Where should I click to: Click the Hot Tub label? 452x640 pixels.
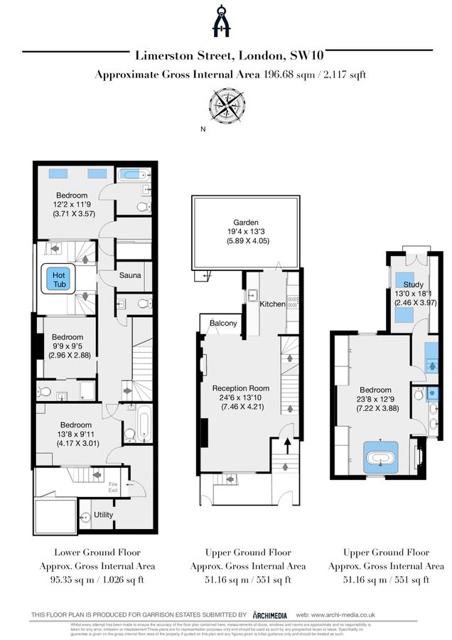tap(59, 279)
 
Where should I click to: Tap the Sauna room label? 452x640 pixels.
tap(130, 275)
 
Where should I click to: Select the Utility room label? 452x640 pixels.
tap(104, 515)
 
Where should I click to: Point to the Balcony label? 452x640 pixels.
tap(222, 324)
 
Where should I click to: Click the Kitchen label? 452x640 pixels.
tap(272, 304)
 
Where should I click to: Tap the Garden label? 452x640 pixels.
tap(244, 223)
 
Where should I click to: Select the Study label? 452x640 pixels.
tap(413, 284)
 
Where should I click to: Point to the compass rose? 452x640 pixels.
tap(225, 106)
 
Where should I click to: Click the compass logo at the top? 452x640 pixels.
tap(225, 21)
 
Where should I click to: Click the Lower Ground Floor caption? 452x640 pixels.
tap(97, 552)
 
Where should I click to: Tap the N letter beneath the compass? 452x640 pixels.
tap(203, 129)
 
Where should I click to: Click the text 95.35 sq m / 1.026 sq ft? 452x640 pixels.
tap(97, 580)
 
